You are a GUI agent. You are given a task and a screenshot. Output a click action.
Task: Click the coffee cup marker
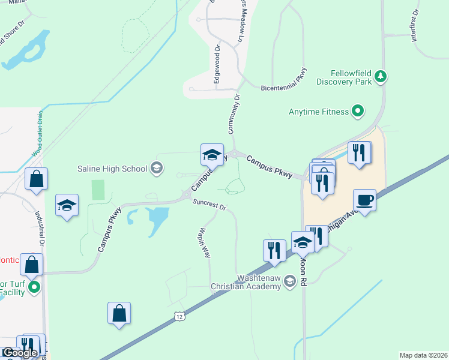coord(364,199)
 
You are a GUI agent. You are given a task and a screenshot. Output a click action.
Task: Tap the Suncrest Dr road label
coord(209,205)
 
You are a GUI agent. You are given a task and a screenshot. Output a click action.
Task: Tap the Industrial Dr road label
coord(40,230)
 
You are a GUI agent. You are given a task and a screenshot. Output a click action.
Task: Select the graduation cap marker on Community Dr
coord(212,154)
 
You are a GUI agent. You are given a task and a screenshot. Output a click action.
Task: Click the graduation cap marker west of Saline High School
coord(67,205)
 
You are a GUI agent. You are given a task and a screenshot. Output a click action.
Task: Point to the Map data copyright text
coord(423,355)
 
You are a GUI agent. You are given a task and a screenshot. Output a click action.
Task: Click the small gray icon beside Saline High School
coord(157,169)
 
